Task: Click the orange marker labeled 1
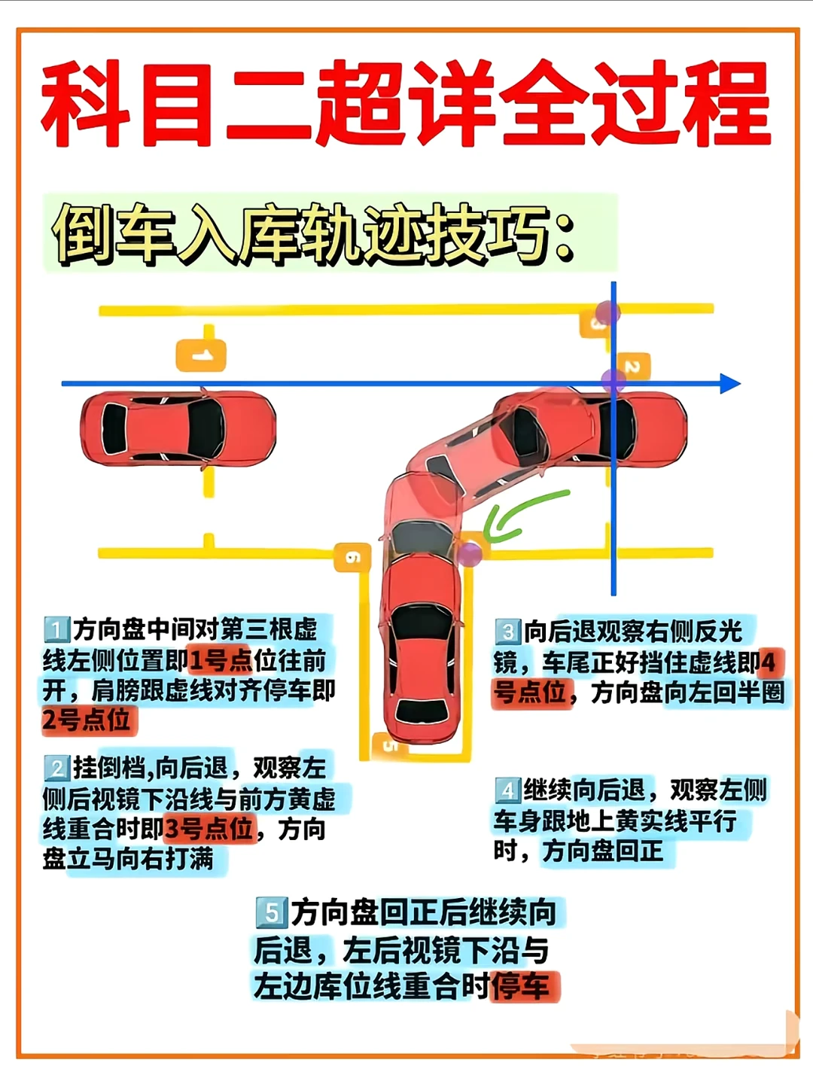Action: tap(201, 355)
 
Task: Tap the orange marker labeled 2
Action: tap(632, 367)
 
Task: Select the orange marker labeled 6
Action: tap(352, 558)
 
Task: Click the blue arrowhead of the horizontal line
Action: tap(730, 384)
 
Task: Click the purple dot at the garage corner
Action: tap(470, 553)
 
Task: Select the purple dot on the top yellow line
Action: tap(607, 312)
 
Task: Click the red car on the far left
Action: tap(178, 428)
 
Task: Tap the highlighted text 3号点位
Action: tap(209, 829)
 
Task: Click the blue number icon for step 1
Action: tap(56, 629)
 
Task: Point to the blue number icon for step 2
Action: tap(56, 768)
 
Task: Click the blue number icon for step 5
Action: tap(272, 912)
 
